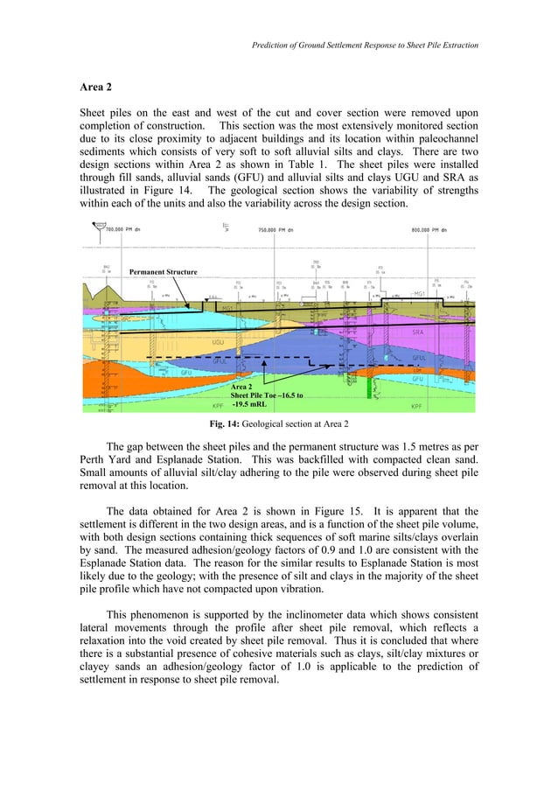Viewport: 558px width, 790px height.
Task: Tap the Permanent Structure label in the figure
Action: pyautogui.click(x=163, y=272)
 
